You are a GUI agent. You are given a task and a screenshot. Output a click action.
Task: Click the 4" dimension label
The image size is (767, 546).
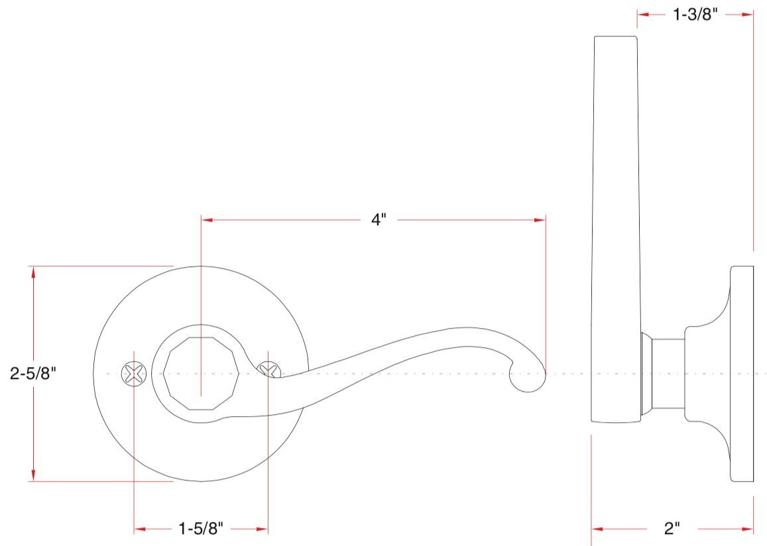pyautogui.click(x=378, y=220)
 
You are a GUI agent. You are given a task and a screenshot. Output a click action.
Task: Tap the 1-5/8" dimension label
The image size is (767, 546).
pyautogui.click(x=201, y=529)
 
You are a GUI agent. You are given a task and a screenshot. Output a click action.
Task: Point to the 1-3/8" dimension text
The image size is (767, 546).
pyautogui.click(x=695, y=14)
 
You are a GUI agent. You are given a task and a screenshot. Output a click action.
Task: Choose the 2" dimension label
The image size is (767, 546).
pyautogui.click(x=672, y=529)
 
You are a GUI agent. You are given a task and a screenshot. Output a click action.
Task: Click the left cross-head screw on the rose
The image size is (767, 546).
pyautogui.click(x=133, y=374)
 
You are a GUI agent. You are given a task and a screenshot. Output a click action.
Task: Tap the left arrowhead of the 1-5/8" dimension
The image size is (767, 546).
pyautogui.click(x=139, y=529)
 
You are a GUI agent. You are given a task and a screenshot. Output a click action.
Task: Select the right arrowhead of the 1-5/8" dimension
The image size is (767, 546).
pyautogui.click(x=263, y=529)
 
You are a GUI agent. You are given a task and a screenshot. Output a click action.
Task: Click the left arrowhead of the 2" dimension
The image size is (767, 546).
pyautogui.click(x=597, y=529)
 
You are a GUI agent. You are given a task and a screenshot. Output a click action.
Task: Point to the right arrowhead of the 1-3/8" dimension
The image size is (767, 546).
pyautogui.click(x=748, y=14)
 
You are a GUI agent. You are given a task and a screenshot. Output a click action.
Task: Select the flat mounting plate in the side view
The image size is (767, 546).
pyautogui.click(x=742, y=374)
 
